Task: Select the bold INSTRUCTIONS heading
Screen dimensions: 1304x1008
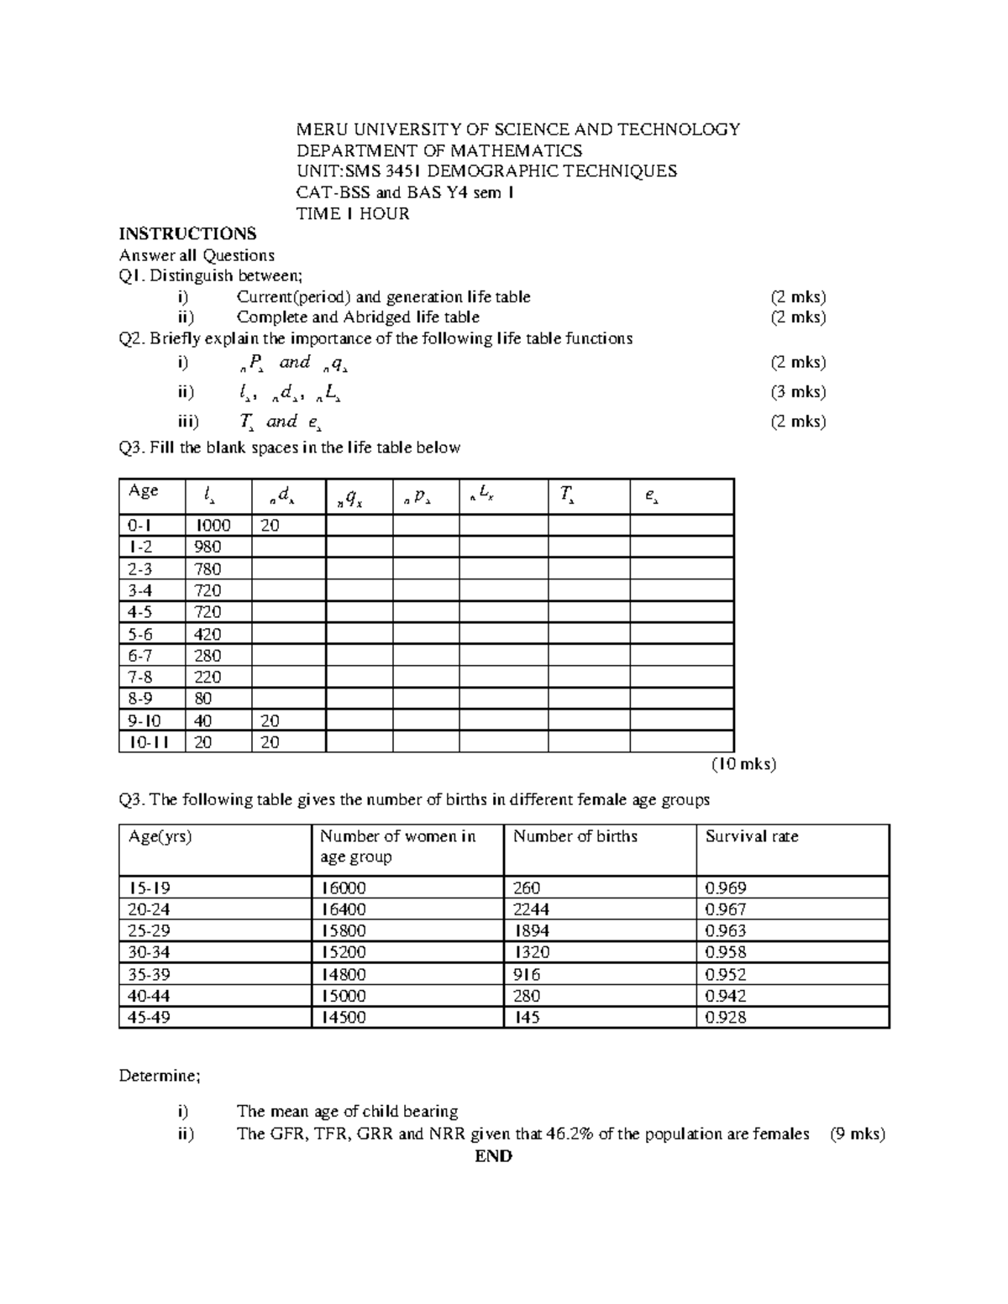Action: coord(187,233)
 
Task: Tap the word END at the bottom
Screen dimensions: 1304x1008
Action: coord(493,1155)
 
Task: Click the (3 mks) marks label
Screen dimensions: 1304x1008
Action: coord(798,391)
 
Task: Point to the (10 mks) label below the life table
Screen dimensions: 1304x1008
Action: coord(743,764)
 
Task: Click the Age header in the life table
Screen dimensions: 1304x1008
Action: coord(143,491)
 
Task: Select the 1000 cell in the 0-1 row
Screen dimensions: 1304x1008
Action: coord(213,526)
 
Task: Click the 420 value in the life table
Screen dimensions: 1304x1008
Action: coord(207,634)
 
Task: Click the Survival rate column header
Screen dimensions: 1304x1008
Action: coord(751,836)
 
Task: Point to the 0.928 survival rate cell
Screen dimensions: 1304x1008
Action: coord(726,1018)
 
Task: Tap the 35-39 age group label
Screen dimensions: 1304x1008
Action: coord(150,975)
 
